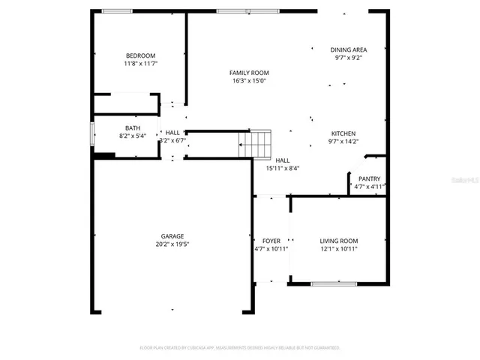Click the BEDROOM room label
click(x=140, y=56)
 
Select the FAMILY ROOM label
click(x=249, y=73)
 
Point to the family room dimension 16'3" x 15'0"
click(x=249, y=81)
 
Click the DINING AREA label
click(x=349, y=49)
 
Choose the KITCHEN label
click(x=343, y=133)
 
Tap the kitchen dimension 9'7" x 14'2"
click(x=343, y=141)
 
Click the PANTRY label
click(x=369, y=178)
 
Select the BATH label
click(x=132, y=127)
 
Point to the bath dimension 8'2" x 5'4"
click(x=132, y=136)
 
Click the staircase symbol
click(x=255, y=143)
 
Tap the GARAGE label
click(x=172, y=235)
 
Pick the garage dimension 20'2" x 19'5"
click(x=172, y=244)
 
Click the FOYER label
click(x=271, y=241)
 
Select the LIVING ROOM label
click(x=339, y=241)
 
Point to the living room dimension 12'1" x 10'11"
click(x=339, y=249)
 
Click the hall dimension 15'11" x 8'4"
click(x=283, y=169)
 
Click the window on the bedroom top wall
click(x=117, y=10)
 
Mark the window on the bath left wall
click(x=92, y=135)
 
